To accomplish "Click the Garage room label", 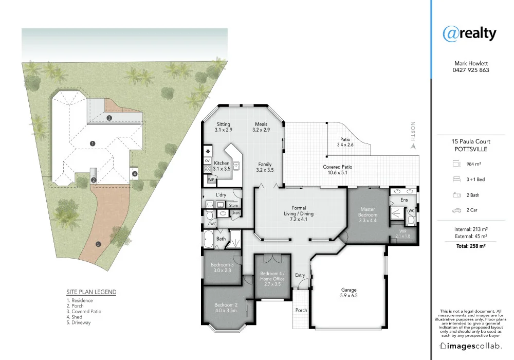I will pos(349,293).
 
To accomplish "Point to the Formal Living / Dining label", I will pos(299,211).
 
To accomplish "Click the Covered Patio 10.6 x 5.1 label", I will pos(338,170).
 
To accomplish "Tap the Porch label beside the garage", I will pos(301,310).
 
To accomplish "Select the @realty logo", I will pos(469,33).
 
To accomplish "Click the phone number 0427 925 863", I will pos(470,70).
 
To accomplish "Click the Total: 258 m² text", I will pos(470,246).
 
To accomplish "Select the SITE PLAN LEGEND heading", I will pos(91,292).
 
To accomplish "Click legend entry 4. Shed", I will pos(77,317).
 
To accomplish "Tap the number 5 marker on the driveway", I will pos(99,244).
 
